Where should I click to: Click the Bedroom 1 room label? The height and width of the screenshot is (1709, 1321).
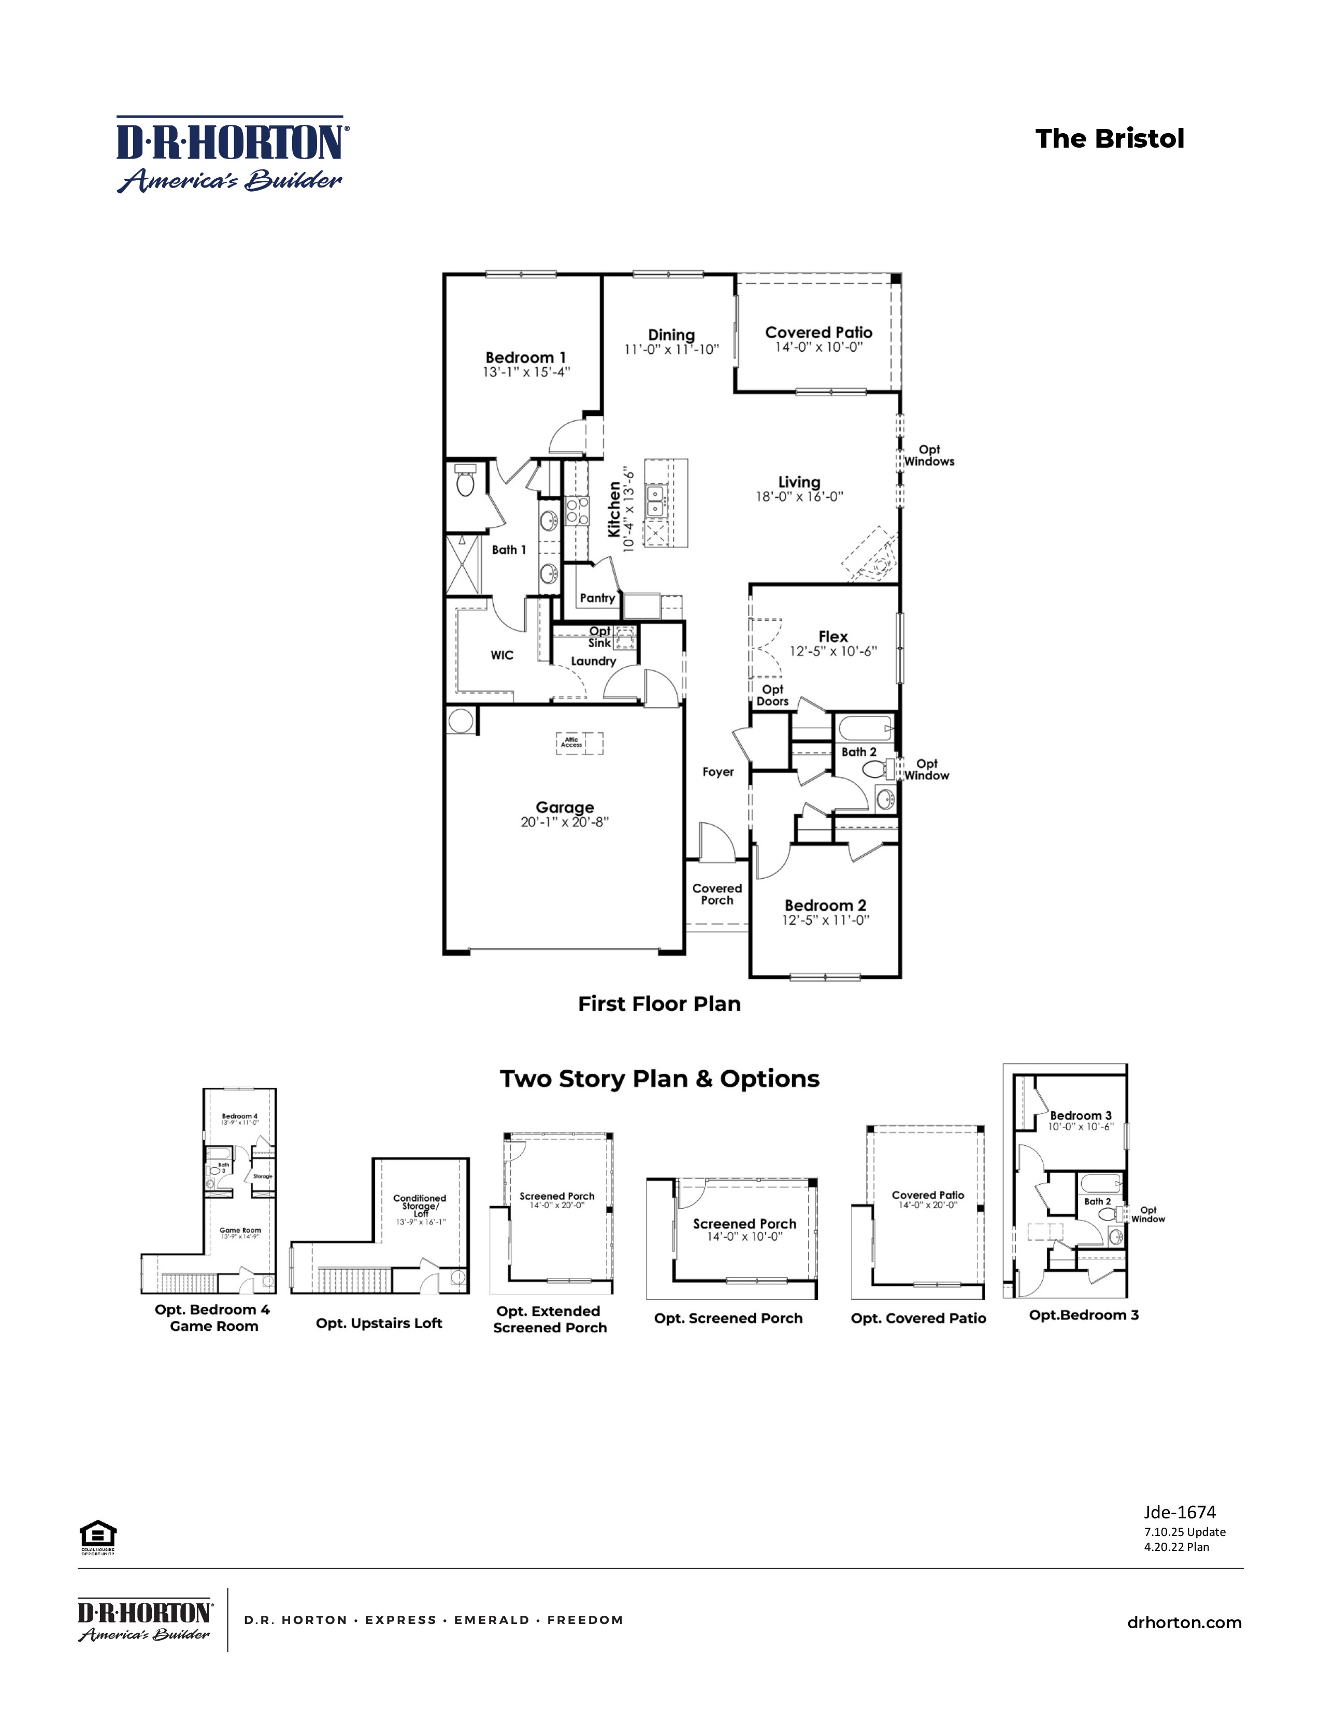click(x=525, y=357)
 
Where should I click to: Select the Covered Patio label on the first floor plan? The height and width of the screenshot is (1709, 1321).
click(x=818, y=333)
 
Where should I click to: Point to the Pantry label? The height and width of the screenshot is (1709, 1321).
click(x=597, y=598)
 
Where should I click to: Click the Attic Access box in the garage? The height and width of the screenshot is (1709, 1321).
click(x=572, y=742)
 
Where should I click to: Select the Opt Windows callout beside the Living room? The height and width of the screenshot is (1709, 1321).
click(x=929, y=455)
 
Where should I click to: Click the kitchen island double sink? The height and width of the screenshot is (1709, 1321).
click(x=655, y=501)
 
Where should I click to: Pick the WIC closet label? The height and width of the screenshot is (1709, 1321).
click(x=501, y=655)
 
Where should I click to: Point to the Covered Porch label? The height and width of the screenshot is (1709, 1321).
click(x=717, y=895)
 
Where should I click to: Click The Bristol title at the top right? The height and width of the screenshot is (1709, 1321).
click(x=1109, y=138)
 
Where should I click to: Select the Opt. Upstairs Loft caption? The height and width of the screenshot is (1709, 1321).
click(x=379, y=1323)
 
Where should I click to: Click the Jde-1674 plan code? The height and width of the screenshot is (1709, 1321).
click(x=1180, y=1513)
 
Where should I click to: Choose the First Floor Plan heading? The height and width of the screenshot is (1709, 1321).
click(x=659, y=1004)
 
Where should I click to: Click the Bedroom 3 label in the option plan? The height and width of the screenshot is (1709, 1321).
click(x=1080, y=1116)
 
